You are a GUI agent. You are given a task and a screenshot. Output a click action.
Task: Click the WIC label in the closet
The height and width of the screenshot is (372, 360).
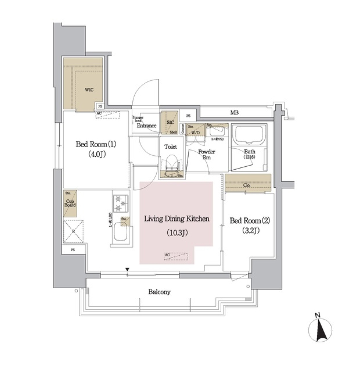(x=89, y=90)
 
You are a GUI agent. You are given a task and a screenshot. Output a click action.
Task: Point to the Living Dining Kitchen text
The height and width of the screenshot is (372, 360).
(x=177, y=219)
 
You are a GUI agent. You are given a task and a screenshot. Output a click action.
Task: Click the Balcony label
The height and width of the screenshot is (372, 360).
(x=159, y=292)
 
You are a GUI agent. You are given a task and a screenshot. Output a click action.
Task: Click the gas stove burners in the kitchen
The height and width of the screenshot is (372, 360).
(x=120, y=203)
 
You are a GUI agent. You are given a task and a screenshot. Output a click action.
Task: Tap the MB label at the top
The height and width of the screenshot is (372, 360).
(x=234, y=113)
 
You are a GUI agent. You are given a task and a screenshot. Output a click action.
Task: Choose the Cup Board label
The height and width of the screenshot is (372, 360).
(x=70, y=203)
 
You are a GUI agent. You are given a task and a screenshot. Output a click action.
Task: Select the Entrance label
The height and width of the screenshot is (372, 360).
(x=146, y=126)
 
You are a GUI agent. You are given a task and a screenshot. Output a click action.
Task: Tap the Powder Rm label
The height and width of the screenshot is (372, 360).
(x=206, y=154)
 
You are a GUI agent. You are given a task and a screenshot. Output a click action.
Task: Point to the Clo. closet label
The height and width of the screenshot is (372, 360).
(x=247, y=185)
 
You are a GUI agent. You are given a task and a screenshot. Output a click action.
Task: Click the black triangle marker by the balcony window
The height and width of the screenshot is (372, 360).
(x=127, y=270)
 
